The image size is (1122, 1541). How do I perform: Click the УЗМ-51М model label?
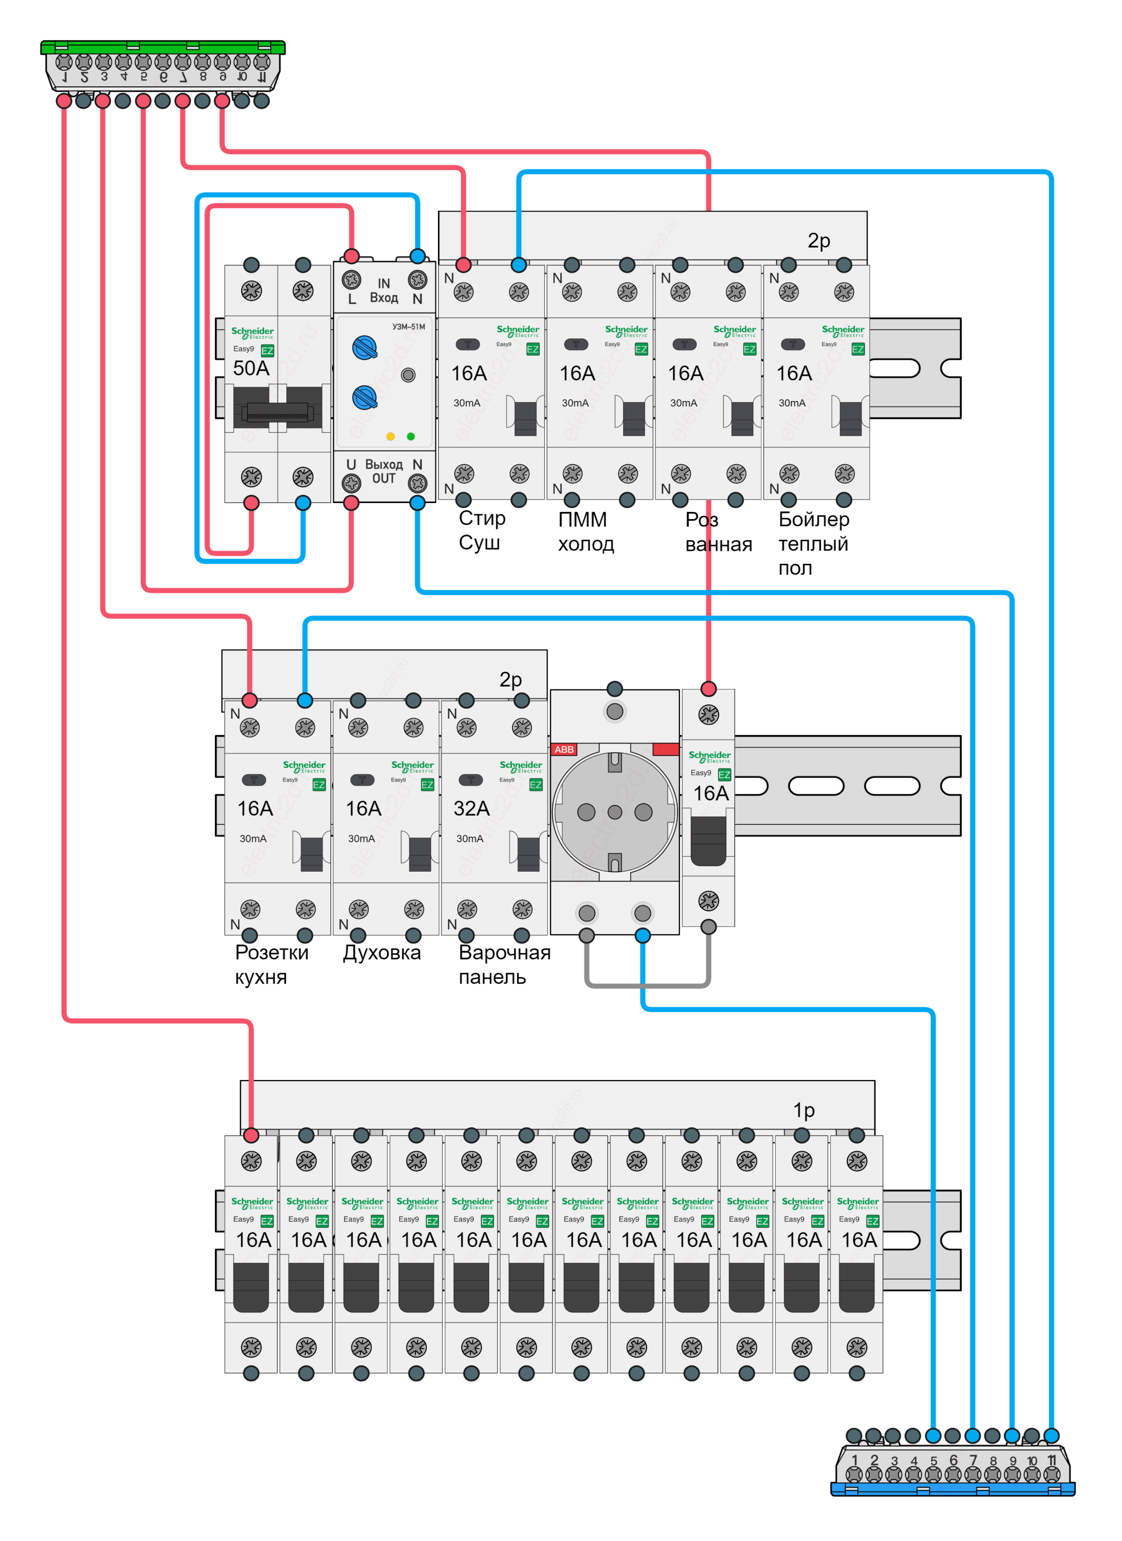(408, 327)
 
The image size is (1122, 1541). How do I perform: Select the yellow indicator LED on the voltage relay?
(390, 436)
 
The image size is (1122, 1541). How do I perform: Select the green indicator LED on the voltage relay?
(410, 436)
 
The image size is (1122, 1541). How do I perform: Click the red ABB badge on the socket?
(564, 749)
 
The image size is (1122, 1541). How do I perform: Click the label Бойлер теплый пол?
(814, 543)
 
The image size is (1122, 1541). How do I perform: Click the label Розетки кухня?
(271, 965)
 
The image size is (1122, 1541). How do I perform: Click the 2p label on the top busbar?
(818, 241)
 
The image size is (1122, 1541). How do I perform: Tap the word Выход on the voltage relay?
(384, 465)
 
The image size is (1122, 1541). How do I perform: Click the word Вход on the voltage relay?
(384, 297)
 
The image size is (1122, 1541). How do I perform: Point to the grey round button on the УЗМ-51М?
(408, 375)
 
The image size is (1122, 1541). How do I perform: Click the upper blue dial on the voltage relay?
(364, 348)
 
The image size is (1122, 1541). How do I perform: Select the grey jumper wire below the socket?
(647, 984)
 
